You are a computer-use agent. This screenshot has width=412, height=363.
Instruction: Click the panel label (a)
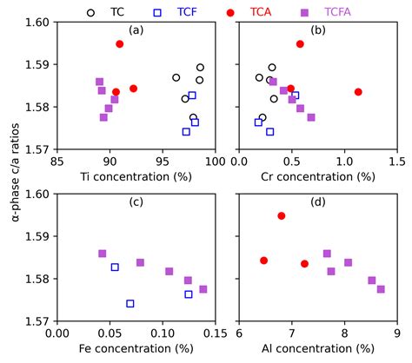(x=136, y=31)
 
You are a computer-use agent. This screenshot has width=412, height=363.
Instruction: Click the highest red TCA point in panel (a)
(x=120, y=43)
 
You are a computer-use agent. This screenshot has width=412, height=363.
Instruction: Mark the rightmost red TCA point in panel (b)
(x=358, y=92)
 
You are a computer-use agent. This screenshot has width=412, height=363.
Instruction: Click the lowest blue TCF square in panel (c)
(x=130, y=303)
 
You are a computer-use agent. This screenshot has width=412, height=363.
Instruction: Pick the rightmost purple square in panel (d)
(x=381, y=289)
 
